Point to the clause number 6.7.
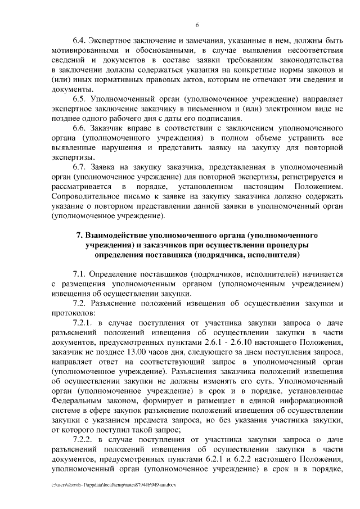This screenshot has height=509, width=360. click(x=80, y=168)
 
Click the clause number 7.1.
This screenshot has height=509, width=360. click(x=80, y=274)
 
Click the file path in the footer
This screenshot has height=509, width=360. click(x=109, y=484)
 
